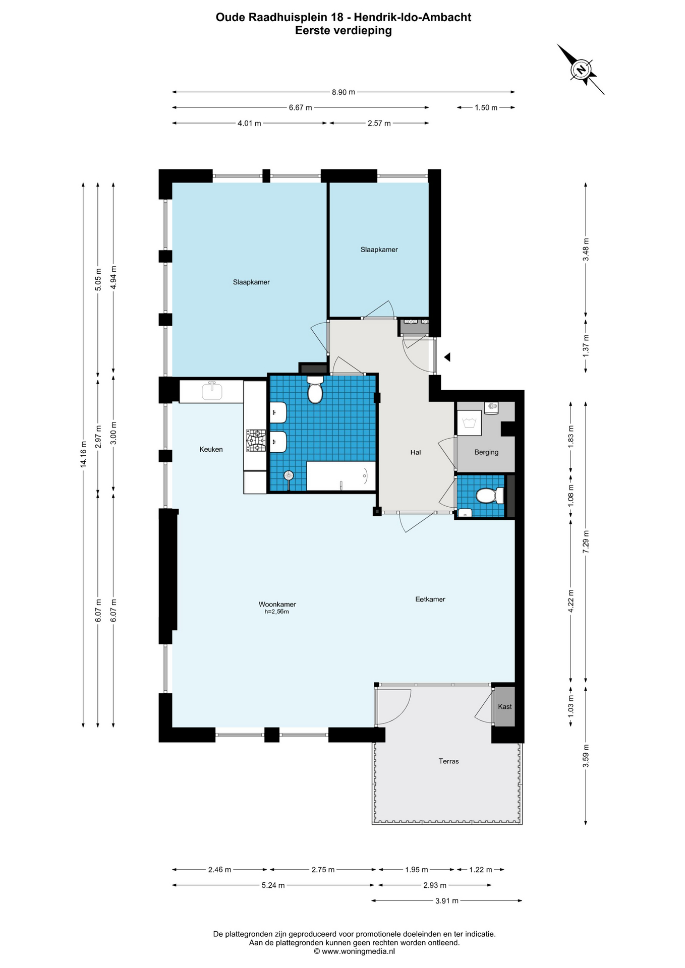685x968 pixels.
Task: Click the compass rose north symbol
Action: pyautogui.click(x=581, y=69)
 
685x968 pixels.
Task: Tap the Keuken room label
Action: pyautogui.click(x=211, y=449)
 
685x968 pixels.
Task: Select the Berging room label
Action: pyautogui.click(x=486, y=452)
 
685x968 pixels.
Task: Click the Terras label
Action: pyautogui.click(x=448, y=761)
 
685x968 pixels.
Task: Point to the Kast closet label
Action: pyautogui.click(x=504, y=707)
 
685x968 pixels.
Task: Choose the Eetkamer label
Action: pyautogui.click(x=430, y=599)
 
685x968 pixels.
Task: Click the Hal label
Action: pyautogui.click(x=416, y=452)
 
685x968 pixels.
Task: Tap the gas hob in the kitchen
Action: pyautogui.click(x=256, y=441)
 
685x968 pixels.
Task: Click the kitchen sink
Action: pyautogui.click(x=212, y=391)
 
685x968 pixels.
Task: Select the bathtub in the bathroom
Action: pyautogui.click(x=341, y=476)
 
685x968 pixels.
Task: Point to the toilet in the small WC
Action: pyautogui.click(x=490, y=496)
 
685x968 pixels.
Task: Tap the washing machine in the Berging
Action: pyautogui.click(x=469, y=422)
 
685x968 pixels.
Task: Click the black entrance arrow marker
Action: pyautogui.click(x=446, y=357)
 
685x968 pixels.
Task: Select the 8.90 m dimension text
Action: pyautogui.click(x=344, y=92)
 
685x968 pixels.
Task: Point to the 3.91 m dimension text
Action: pyautogui.click(x=447, y=901)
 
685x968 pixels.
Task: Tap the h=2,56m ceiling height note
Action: pyautogui.click(x=277, y=612)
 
